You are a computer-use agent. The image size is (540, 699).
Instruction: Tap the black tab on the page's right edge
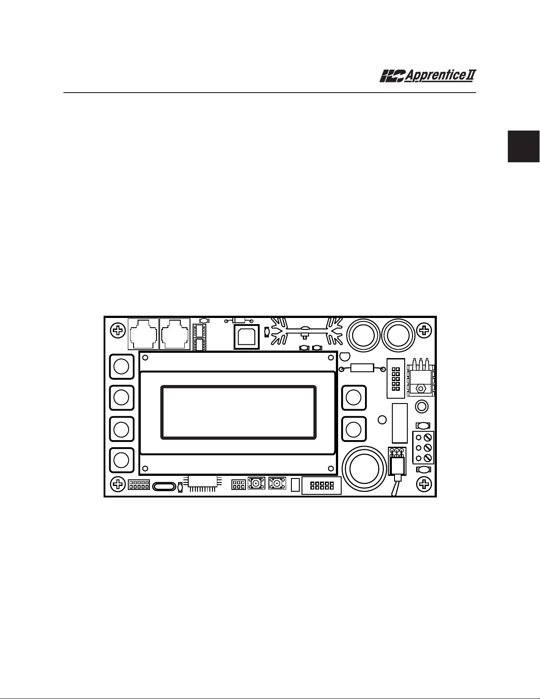pos(524,146)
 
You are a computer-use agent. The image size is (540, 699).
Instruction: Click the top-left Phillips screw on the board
pos(117,330)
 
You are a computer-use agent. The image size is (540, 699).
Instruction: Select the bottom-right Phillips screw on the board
pos(424,484)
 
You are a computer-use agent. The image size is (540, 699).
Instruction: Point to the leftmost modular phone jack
pos(143,334)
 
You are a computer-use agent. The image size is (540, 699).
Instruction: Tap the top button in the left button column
pos(121,366)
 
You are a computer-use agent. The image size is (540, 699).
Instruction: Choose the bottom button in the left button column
pos(121,460)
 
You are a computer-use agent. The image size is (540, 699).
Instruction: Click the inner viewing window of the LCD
pos(238,412)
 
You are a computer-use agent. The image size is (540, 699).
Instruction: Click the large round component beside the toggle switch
pos(364,467)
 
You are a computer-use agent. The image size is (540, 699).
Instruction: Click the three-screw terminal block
pos(423,448)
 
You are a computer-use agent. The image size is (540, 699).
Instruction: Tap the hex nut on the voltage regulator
pos(421,389)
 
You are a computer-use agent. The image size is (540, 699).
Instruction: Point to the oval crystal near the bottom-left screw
pos(164,487)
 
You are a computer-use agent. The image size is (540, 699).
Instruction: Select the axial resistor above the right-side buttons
pos(361,368)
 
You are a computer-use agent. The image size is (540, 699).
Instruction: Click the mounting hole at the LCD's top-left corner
pos(146,358)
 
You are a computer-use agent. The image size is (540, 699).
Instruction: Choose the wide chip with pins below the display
pos(203,482)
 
